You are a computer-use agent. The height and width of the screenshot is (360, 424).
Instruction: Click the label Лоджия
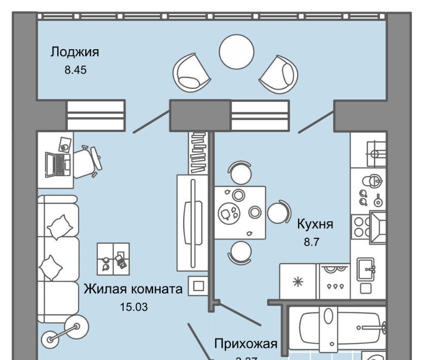[74, 52]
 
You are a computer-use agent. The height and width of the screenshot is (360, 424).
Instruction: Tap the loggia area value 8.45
[76, 70]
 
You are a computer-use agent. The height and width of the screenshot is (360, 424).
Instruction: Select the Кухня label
[315, 224]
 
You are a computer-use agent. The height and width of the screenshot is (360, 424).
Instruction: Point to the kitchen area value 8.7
[310, 243]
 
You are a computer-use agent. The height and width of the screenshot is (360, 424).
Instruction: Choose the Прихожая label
[245, 344]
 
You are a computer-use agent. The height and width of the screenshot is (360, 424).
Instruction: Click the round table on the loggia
[236, 49]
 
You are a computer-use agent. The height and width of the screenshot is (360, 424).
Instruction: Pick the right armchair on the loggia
[278, 74]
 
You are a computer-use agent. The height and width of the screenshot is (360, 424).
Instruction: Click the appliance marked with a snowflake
[298, 281]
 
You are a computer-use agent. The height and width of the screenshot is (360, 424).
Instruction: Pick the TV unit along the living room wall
[192, 222]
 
